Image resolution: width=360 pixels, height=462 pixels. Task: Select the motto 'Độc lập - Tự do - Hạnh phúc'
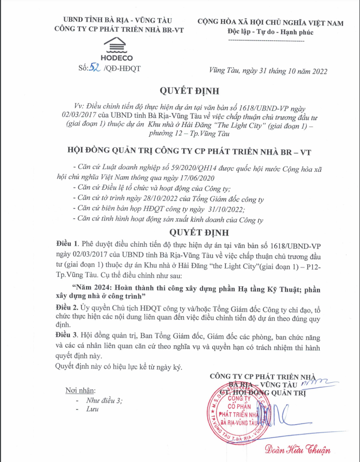tap(270, 33)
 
